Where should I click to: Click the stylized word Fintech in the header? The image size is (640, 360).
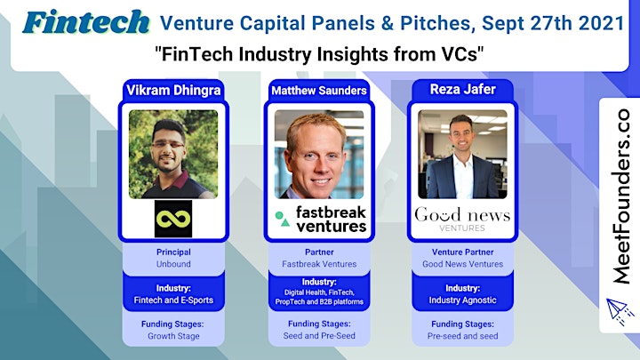click(x=86, y=22)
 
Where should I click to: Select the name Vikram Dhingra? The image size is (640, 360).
click(x=173, y=90)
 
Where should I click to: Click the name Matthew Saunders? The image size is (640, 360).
click(x=319, y=91)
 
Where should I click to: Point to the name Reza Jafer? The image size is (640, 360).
click(x=463, y=89)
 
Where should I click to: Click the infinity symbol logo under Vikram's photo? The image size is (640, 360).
click(x=173, y=219)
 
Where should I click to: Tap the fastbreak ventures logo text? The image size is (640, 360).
click(x=331, y=219)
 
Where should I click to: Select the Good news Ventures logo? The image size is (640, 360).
click(x=462, y=220)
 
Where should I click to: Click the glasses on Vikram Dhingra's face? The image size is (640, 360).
click(x=168, y=145)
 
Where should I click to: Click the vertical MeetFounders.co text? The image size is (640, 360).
click(x=620, y=196)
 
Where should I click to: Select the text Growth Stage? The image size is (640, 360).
click(x=173, y=336)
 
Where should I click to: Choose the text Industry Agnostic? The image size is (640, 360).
click(x=462, y=300)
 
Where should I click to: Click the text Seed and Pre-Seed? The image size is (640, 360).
click(x=319, y=336)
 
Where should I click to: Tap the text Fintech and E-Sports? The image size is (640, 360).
click(x=173, y=300)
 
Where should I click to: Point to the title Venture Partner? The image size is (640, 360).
click(x=463, y=252)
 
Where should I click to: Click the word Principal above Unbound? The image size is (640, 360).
click(x=173, y=252)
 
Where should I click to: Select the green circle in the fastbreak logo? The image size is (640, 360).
click(x=279, y=215)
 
